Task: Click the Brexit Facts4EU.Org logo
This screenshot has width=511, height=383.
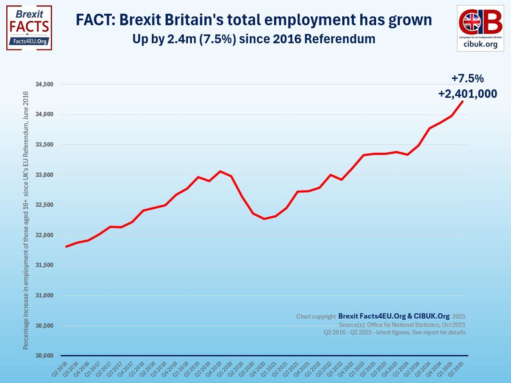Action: [29, 28]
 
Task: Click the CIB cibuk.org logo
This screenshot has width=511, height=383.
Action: [480, 28]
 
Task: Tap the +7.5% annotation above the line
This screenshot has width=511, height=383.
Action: [467, 78]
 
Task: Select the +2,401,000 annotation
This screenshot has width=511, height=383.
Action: [467, 94]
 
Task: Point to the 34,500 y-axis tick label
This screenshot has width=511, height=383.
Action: [44, 84]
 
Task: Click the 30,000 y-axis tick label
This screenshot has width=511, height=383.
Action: [44, 356]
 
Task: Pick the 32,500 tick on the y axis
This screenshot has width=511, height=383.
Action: [44, 205]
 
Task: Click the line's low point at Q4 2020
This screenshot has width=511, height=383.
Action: [264, 219]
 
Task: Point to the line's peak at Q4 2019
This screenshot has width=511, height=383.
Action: [220, 171]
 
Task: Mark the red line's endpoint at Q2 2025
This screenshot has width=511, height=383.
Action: [462, 102]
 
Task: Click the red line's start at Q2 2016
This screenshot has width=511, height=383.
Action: [66, 247]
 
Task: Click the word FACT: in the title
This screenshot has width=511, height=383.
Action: [96, 20]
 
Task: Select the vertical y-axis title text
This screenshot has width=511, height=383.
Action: [26, 220]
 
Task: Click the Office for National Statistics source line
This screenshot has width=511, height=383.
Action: [402, 325]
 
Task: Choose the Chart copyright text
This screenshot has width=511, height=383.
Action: [316, 317]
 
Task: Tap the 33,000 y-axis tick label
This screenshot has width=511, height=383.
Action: [44, 175]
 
